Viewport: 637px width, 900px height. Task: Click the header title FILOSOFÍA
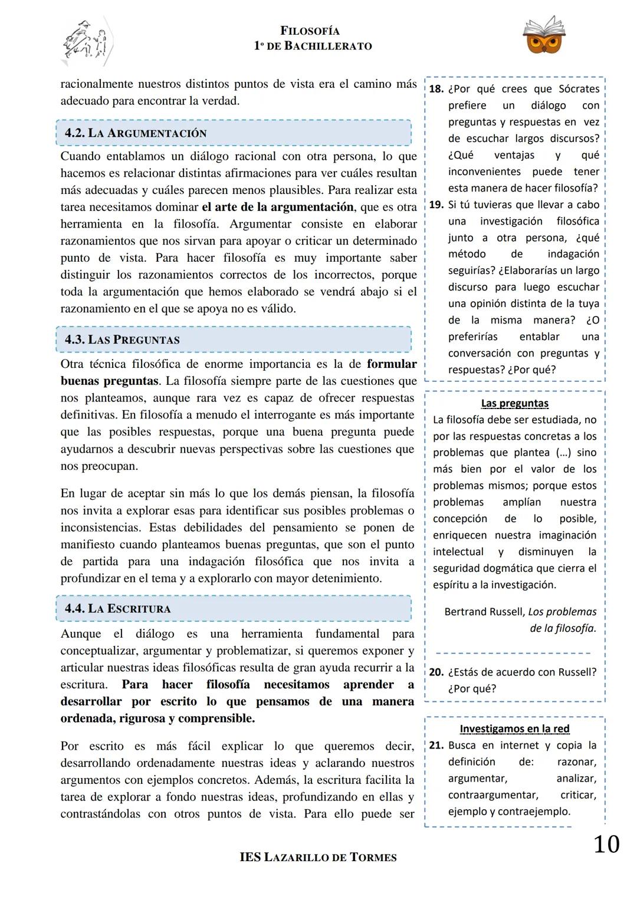coord(310,31)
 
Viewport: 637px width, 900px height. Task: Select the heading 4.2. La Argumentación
coord(136,133)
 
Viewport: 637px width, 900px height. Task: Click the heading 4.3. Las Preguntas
coord(122,340)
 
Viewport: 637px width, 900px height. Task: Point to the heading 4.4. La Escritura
coord(117,609)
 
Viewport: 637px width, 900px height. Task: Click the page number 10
coord(606,844)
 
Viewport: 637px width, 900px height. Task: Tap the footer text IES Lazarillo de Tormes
coord(318,858)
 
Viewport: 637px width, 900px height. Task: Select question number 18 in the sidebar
coord(436,89)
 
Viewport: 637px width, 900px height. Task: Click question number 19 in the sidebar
coord(436,205)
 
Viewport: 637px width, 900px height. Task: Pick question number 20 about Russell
coord(436,672)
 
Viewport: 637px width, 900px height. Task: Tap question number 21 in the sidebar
coord(436,745)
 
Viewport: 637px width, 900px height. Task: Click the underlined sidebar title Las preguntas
coord(514,404)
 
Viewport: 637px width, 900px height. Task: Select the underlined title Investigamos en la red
coord(514,729)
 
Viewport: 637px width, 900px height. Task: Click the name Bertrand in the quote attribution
coord(465,612)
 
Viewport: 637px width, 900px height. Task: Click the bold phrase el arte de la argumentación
coord(277,207)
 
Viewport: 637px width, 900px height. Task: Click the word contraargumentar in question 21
coord(492,795)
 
